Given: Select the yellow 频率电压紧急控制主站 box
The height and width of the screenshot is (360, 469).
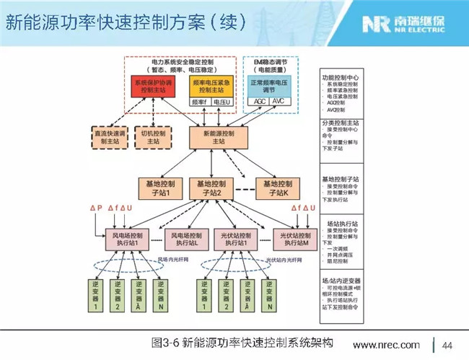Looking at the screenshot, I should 212,85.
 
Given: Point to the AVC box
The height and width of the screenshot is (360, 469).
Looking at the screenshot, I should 279,102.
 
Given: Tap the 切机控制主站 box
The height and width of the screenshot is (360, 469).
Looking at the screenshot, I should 154,137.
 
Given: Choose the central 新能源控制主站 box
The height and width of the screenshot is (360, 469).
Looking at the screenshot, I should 218,137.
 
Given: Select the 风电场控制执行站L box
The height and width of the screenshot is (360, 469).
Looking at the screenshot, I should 187,239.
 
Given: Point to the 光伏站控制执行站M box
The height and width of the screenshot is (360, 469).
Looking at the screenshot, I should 295,239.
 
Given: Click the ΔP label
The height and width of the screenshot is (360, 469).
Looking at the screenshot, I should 96,208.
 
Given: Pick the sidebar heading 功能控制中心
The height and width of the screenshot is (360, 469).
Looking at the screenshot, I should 338,76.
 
